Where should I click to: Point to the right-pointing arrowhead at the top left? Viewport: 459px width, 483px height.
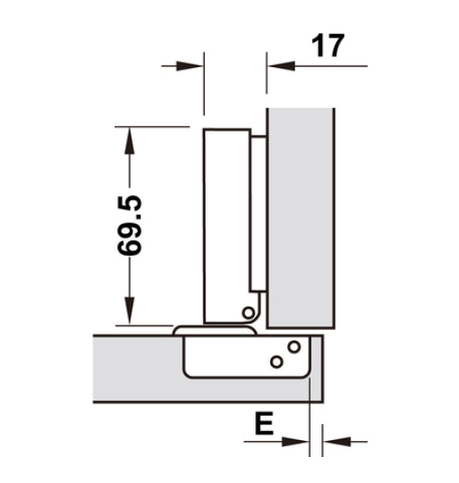190,64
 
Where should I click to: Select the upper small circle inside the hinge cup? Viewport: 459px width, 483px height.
293,346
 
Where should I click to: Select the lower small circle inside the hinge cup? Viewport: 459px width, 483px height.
276,360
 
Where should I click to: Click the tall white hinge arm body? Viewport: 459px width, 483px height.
226,224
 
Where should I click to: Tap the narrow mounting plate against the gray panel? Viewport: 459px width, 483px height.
258,215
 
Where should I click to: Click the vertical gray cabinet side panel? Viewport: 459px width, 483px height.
300,215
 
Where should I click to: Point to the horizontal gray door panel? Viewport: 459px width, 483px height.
134,371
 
